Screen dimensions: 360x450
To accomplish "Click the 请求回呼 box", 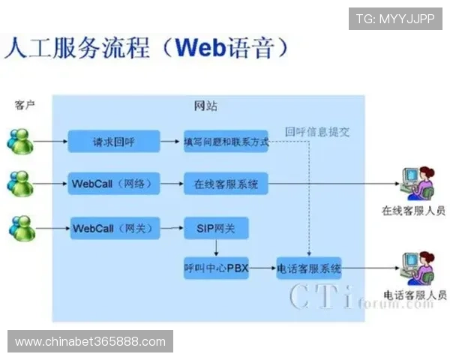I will (x=114, y=140).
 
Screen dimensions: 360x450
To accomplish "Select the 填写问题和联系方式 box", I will (x=226, y=141).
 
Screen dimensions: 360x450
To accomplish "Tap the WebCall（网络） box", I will (x=113, y=183).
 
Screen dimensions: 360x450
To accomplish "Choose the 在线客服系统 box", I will (x=226, y=183).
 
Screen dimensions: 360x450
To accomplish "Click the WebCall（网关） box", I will (x=113, y=227).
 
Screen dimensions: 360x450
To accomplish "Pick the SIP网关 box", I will (x=215, y=228).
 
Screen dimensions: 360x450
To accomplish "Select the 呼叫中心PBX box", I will (x=215, y=267).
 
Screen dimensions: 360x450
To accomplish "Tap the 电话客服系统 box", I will (x=309, y=267).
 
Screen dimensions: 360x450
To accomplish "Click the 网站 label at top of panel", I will (x=205, y=106).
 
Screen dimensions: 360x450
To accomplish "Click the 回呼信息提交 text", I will (x=317, y=131).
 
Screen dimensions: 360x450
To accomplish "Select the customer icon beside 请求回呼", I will (x=20, y=141).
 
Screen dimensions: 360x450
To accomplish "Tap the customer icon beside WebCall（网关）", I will (x=20, y=227).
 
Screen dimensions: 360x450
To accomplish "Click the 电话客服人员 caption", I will (x=415, y=295).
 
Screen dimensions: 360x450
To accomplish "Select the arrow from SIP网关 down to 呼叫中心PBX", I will (x=215, y=247).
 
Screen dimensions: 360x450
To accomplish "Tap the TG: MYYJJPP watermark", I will (x=394, y=18).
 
